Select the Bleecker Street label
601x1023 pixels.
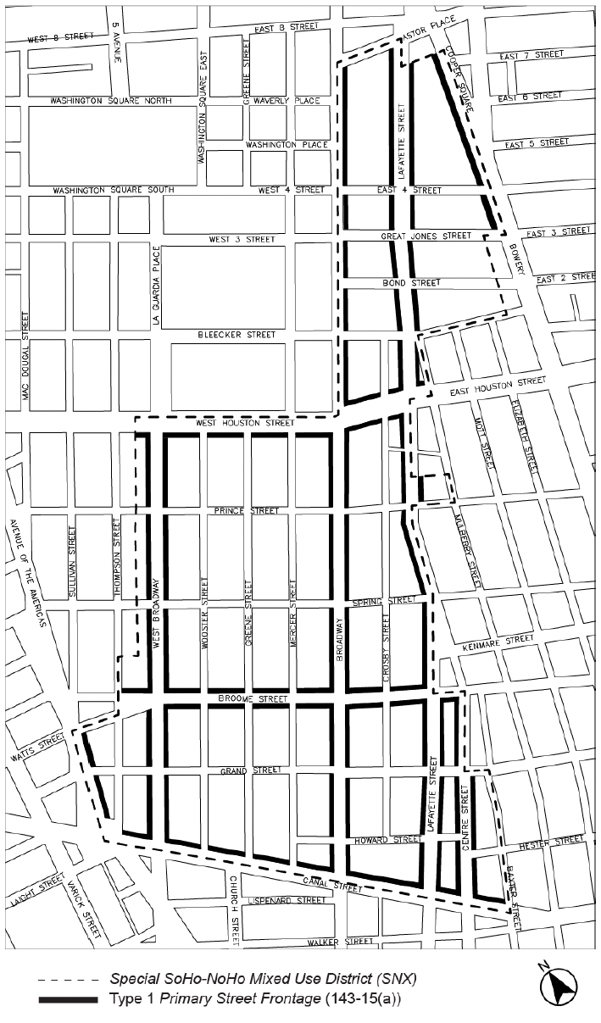click(x=237, y=335)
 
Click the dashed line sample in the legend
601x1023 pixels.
click(x=67, y=978)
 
